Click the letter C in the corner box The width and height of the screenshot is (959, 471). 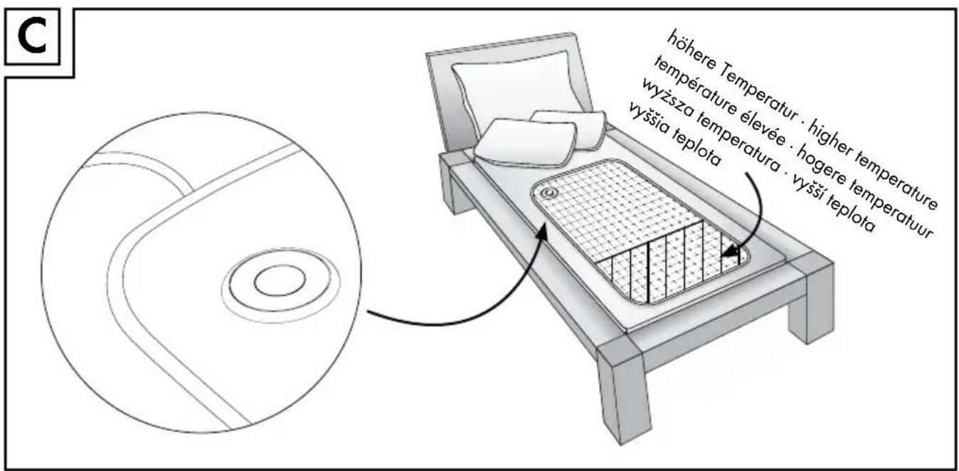tap(32, 37)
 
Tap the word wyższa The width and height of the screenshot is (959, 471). tap(666, 97)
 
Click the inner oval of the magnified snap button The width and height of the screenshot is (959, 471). tap(280, 280)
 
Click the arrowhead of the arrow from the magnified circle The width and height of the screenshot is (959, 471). tap(542, 234)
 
